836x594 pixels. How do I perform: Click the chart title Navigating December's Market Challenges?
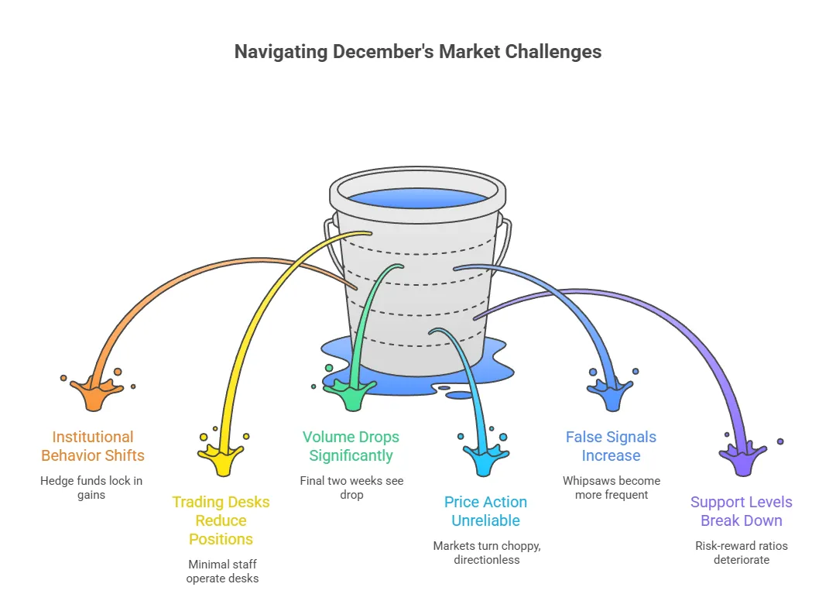tap(418, 52)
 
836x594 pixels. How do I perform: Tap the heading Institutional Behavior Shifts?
tap(93, 446)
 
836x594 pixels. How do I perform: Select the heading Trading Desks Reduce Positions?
tap(221, 520)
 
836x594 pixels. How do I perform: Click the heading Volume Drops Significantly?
tap(351, 446)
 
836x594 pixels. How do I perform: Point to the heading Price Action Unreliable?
tap(485, 511)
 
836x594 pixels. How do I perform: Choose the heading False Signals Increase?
tap(611, 446)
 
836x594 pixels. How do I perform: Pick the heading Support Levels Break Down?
tap(741, 511)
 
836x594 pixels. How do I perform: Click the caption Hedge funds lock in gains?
tap(91, 488)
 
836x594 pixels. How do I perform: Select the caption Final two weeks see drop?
tap(351, 488)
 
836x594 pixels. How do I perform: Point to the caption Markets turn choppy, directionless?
tap(487, 552)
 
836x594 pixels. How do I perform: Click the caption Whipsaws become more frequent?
tap(612, 488)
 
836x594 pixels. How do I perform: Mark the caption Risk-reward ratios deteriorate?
tap(742, 552)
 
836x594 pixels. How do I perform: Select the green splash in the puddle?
tap(353, 396)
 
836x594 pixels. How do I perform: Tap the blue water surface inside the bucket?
tap(418, 196)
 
